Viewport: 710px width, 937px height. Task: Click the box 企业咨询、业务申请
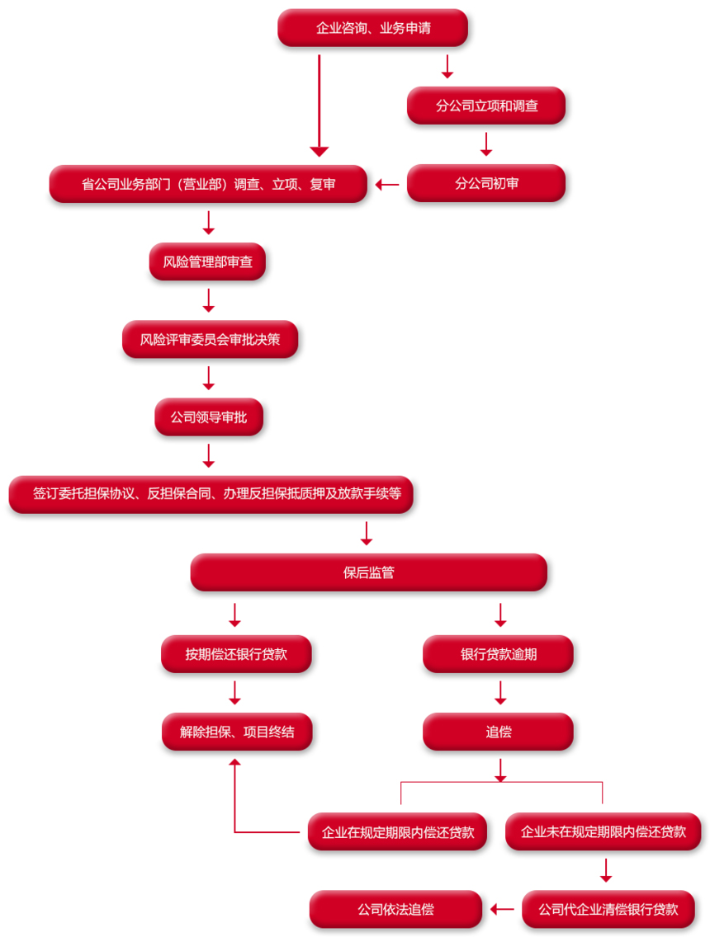tap(372, 27)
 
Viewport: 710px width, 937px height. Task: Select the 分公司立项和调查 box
tap(486, 106)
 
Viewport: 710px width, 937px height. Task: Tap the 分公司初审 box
tap(486, 183)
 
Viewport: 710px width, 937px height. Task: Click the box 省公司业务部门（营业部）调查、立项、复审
tap(208, 184)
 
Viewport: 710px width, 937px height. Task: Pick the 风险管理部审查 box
tap(207, 261)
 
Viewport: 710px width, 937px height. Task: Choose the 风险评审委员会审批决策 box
tap(210, 340)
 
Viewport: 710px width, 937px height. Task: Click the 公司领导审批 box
tap(209, 417)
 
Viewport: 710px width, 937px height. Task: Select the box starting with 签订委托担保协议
tap(211, 494)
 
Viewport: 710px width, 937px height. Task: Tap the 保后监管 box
tap(368, 572)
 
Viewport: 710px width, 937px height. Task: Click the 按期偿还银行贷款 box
tap(236, 654)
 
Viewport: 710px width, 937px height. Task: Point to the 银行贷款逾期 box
tap(499, 654)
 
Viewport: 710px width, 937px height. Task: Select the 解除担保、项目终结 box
tap(237, 732)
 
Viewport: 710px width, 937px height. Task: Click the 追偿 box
tap(499, 732)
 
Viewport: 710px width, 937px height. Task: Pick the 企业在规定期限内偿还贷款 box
tap(398, 831)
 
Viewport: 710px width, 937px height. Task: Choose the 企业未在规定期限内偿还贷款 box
tap(603, 831)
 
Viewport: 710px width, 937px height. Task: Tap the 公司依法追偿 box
tap(396, 910)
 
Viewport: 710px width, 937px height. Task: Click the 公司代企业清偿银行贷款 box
tap(608, 910)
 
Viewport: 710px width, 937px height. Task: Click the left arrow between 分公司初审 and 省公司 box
tap(387, 185)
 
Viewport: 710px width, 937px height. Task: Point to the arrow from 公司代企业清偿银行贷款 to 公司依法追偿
tap(502, 910)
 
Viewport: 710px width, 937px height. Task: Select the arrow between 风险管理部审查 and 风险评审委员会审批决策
tap(209, 300)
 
